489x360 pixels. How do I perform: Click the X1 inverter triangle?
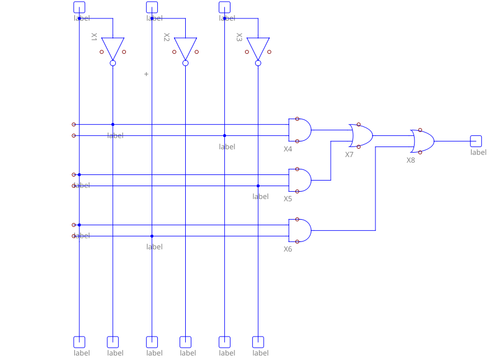[112, 48]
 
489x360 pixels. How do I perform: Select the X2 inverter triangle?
[185, 48]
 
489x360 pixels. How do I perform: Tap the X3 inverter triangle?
[258, 48]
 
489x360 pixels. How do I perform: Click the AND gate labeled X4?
[299, 130]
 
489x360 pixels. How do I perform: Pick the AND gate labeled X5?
[299, 180]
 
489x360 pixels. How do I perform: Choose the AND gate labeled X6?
[299, 230]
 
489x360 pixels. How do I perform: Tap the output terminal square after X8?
[476, 141]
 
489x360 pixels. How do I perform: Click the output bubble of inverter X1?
[112, 63]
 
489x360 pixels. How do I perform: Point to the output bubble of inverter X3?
[258, 63]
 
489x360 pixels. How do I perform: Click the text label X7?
[349, 154]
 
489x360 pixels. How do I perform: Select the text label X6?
[288, 249]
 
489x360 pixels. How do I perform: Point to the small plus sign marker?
[147, 74]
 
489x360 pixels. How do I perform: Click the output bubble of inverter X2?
[185, 63]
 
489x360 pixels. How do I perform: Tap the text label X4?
[288, 149]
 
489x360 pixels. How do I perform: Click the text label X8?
[411, 160]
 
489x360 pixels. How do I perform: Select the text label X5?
[288, 198]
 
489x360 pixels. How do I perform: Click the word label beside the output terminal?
[478, 152]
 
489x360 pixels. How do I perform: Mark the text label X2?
[166, 37]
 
